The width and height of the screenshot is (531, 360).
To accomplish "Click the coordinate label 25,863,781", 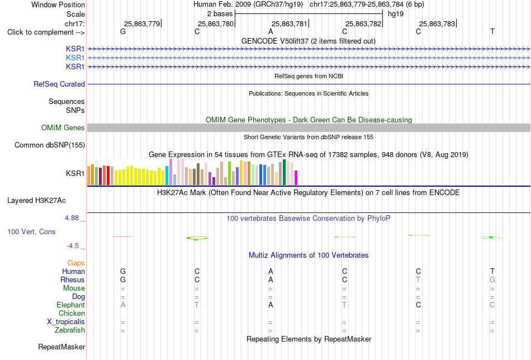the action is coord(289,23).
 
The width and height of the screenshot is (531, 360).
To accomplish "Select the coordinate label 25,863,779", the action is coord(141,23).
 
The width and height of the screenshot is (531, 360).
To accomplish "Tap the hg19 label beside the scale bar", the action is coord(396,14).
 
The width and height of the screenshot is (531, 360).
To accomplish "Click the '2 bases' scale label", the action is coord(220,14).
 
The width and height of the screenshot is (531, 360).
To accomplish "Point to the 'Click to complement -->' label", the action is coord(46,32).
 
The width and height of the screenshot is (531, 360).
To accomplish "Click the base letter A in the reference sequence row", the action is coord(271,32).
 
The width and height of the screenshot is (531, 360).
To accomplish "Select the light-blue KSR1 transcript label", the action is coord(75,58).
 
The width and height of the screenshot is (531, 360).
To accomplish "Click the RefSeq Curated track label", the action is coord(59,84).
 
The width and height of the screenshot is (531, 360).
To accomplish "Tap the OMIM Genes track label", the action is coord(63,127).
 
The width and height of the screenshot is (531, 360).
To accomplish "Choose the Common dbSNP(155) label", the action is coord(50,145).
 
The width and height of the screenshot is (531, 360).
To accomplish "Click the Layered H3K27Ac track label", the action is coord(36,201).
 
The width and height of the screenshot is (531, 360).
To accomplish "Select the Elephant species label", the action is coord(70,305).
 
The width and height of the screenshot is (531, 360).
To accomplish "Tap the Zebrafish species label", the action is coord(70,330).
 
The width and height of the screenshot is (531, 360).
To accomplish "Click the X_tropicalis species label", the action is coord(66,322).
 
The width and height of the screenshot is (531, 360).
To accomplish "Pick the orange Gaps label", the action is coord(76,263).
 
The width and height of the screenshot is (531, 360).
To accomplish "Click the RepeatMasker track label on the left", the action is coord(61,347).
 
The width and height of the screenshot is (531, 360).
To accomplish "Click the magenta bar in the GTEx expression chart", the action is coord(296,178).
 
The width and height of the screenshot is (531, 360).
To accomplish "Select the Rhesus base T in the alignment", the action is coord(418,280).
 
